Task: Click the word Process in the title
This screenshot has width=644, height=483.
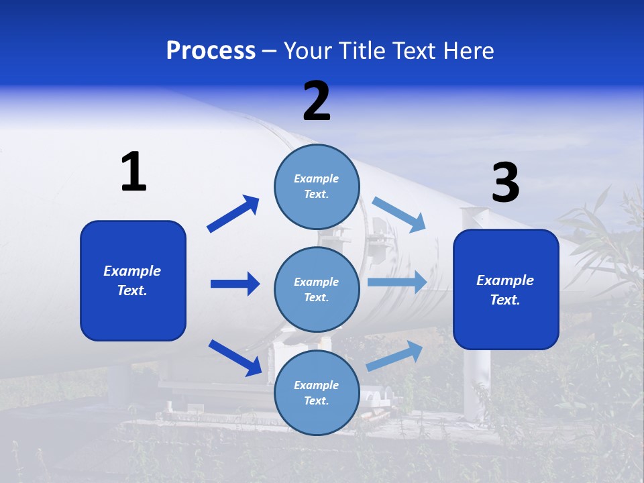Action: click(211, 51)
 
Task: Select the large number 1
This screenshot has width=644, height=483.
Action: click(133, 172)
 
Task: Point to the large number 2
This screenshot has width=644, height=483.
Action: click(317, 101)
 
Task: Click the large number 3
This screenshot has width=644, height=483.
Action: click(505, 182)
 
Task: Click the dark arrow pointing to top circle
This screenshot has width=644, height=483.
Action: click(233, 214)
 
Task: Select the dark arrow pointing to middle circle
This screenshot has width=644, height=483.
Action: click(235, 284)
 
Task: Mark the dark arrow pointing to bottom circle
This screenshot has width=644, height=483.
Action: click(235, 358)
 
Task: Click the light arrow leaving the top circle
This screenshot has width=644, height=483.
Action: click(399, 215)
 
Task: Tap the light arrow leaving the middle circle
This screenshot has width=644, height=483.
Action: click(397, 282)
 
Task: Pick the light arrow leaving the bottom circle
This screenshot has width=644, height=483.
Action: click(394, 356)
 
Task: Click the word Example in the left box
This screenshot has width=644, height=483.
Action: click(132, 271)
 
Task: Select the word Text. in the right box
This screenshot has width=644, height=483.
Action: click(505, 300)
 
